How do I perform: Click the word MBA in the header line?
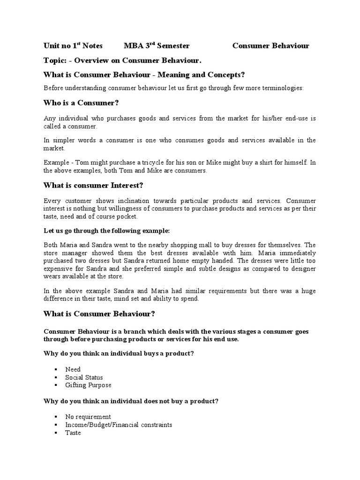(132, 46)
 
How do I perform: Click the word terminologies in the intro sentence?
(282, 88)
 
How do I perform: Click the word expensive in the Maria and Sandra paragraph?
(59, 269)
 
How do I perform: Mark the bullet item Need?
(73, 369)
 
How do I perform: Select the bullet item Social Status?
(84, 377)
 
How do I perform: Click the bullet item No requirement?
(88, 417)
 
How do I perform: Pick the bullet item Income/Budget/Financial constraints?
(119, 425)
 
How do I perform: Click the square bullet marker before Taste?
(55, 433)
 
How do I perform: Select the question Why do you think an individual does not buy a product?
(131, 401)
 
